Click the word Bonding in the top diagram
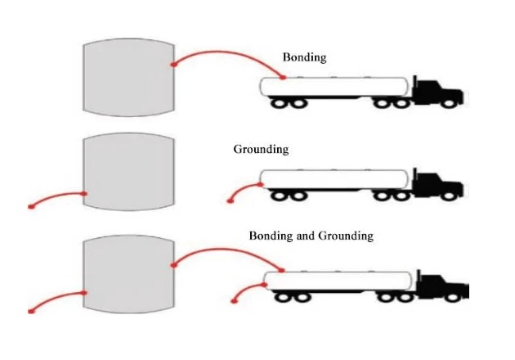tap(304, 57)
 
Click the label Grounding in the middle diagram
tap(261, 150)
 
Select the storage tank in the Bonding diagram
tap(129, 78)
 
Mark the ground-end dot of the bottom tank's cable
tap(31, 311)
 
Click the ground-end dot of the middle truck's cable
tap(229, 200)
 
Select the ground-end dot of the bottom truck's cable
tap(235, 301)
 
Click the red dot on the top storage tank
tap(172, 65)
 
